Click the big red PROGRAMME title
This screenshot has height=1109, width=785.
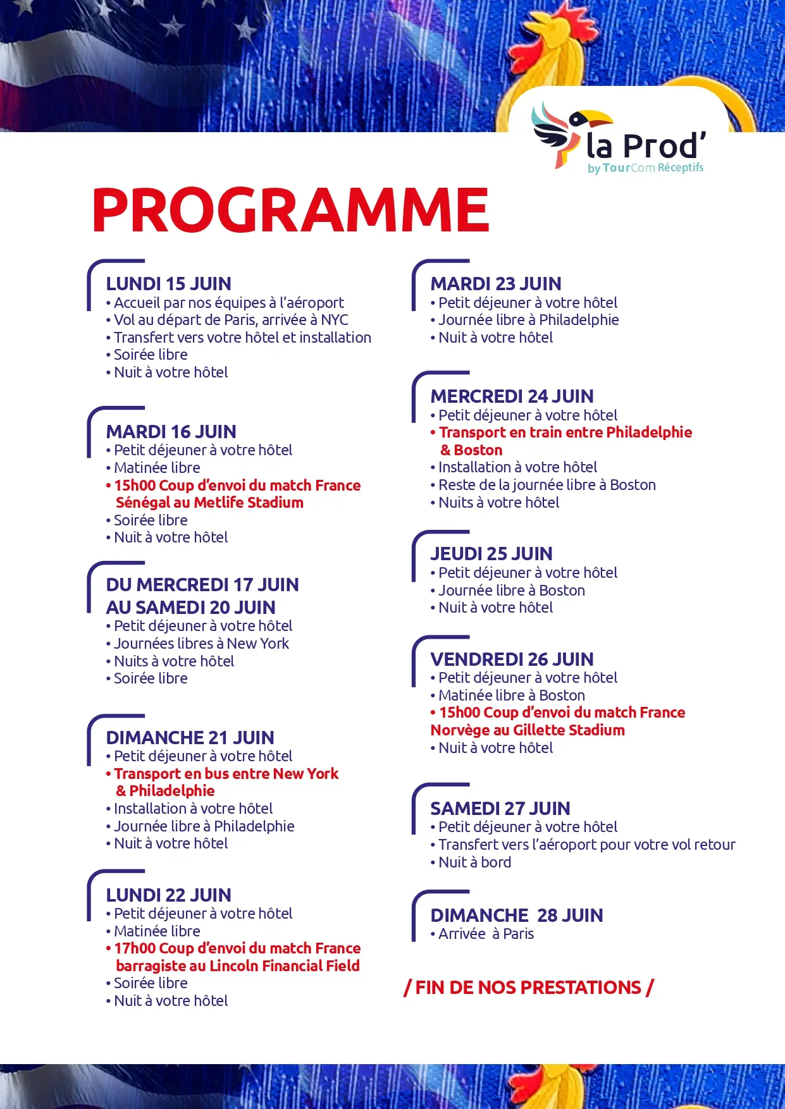point(290,210)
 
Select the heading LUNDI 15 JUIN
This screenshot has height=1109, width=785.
point(168,284)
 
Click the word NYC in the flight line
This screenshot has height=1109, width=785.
point(334,320)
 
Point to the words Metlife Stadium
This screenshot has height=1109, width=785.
point(249,503)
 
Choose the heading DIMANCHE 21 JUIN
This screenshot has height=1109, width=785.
point(190,738)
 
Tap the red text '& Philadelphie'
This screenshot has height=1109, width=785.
point(165,791)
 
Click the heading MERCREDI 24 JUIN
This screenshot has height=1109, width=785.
point(512,396)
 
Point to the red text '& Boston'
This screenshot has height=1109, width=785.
point(471,450)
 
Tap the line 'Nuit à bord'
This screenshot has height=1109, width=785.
point(474,862)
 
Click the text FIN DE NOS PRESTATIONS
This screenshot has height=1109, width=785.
point(528,988)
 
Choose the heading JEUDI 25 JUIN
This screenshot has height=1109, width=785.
point(491,554)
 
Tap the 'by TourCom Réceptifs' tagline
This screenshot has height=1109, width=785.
point(645,168)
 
